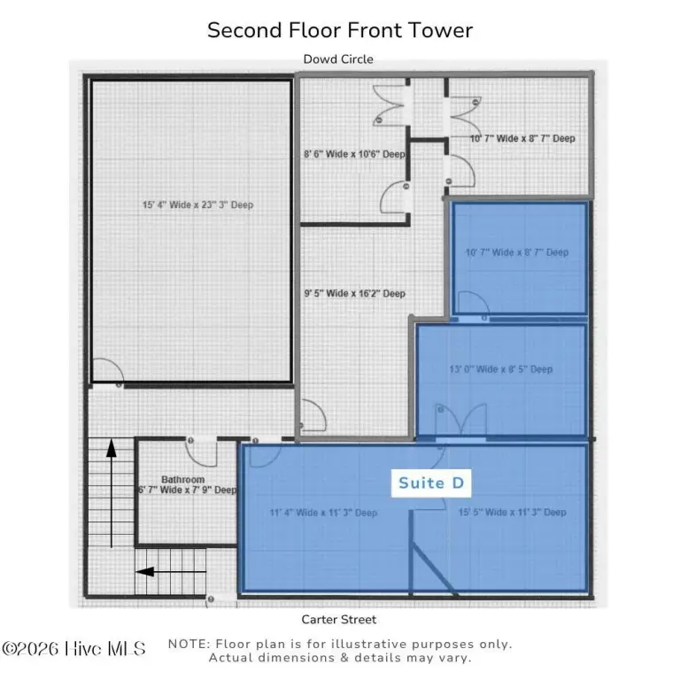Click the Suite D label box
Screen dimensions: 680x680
click(431, 483)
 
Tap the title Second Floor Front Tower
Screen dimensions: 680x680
click(340, 30)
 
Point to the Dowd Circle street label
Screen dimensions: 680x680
click(338, 59)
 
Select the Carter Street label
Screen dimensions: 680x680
click(339, 619)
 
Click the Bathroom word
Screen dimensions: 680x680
click(183, 480)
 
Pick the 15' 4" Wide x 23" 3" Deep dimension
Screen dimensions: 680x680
click(197, 205)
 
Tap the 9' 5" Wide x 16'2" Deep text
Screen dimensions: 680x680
click(355, 294)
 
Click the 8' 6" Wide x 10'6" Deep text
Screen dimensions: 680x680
click(354, 154)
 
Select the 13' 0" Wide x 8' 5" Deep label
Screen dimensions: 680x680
click(501, 369)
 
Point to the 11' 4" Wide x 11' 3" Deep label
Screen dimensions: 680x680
click(323, 513)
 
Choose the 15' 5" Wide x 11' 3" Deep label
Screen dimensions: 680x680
click(513, 512)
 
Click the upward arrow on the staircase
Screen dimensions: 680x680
click(112, 493)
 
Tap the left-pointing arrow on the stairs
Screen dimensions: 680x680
click(171, 572)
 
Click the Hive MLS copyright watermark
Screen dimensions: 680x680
click(73, 649)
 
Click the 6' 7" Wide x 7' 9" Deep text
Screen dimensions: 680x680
click(188, 490)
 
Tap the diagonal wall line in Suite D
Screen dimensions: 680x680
click(434, 568)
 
